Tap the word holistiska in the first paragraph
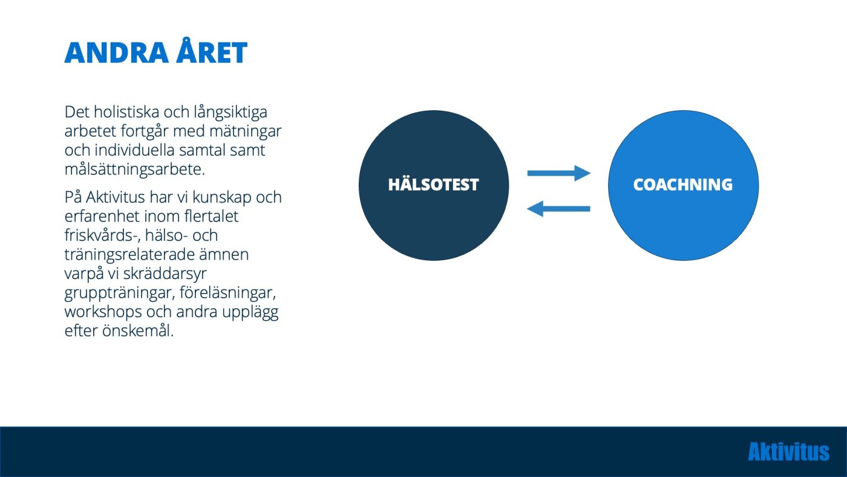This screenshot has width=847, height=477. point(126,111)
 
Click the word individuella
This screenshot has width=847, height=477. point(134,150)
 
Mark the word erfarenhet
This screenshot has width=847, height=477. point(102,216)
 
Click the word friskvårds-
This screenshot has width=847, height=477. point(102,235)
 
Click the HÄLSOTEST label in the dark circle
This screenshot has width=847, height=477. point(433,185)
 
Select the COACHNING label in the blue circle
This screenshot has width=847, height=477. point(683,185)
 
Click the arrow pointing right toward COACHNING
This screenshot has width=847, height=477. point(559,173)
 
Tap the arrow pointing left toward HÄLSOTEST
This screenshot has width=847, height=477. point(558,209)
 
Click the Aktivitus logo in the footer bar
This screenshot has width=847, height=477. point(789,452)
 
